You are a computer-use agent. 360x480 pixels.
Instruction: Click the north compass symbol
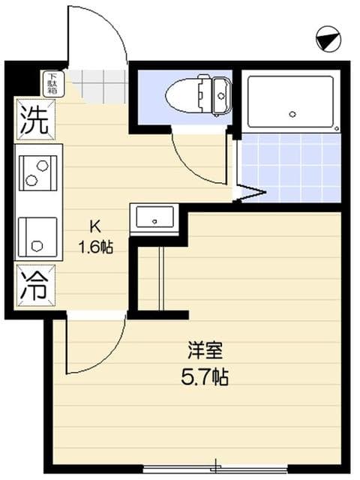[328, 38]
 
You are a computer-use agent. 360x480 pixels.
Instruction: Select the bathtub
[289, 101]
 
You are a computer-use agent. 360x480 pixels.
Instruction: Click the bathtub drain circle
[292, 115]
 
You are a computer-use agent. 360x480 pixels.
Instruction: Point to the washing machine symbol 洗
[34, 120]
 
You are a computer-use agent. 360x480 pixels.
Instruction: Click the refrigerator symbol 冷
[34, 286]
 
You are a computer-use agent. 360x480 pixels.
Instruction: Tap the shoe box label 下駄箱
[54, 82]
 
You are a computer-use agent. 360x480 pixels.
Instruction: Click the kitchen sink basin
[37, 234]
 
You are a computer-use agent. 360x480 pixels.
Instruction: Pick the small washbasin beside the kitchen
[154, 219]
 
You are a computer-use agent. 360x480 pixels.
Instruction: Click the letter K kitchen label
[96, 226]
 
